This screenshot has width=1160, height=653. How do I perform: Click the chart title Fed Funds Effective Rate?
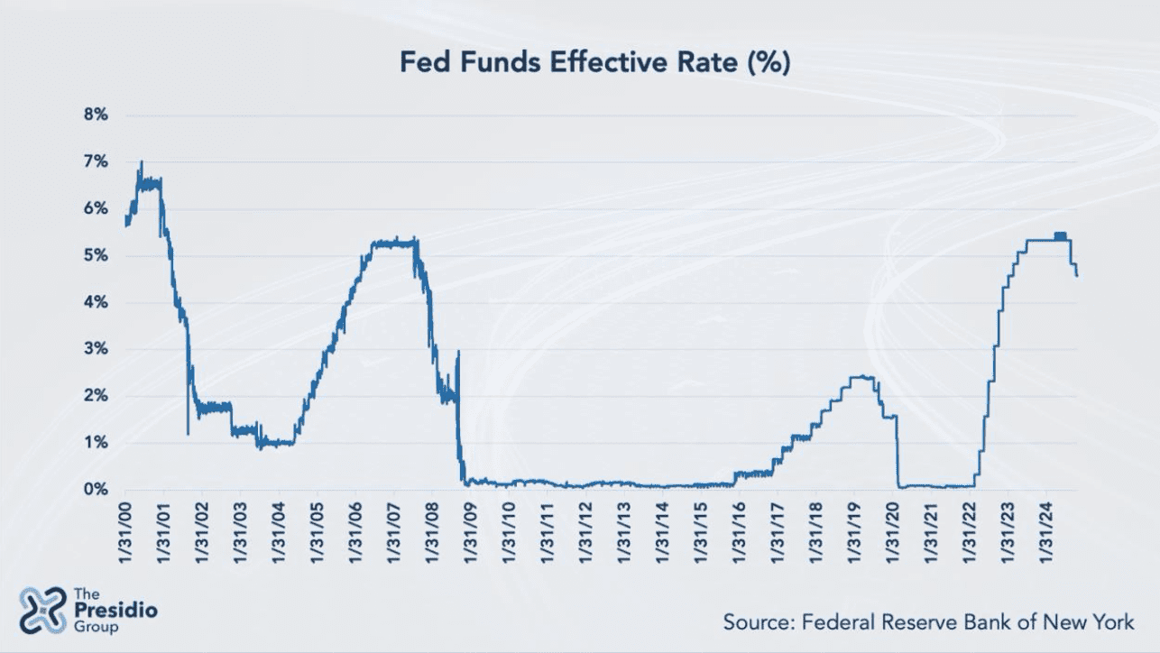point(595,64)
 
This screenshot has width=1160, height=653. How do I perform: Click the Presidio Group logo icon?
point(42,609)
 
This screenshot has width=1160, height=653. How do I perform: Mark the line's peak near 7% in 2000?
point(141,162)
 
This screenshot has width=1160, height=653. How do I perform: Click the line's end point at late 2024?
point(1077,275)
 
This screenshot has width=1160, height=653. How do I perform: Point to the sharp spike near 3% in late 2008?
point(458,353)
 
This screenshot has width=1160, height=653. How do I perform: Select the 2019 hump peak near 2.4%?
point(863,377)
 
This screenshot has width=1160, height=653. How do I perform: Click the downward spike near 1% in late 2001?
point(188,434)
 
